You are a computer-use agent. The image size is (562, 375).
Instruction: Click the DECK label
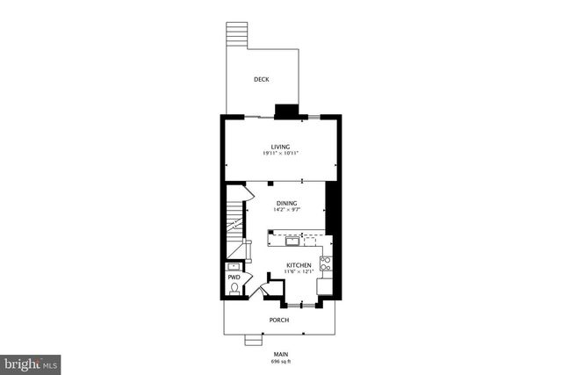[261, 80]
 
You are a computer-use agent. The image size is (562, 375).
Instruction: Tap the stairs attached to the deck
[236, 35]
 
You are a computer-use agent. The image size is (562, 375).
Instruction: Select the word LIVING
[280, 147]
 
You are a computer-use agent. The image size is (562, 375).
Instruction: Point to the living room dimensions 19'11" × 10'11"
[280, 154]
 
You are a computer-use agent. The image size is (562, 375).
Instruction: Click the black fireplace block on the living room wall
[286, 111]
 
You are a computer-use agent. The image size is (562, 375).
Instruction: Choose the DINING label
[280, 203]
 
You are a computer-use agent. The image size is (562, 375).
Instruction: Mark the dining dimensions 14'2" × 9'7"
[280, 210]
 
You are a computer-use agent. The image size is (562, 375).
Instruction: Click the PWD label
[234, 277]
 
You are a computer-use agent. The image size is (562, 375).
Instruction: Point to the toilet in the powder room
[234, 287]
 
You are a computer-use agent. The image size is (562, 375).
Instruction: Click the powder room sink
[234, 267]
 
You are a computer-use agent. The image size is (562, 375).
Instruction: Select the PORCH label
[280, 320]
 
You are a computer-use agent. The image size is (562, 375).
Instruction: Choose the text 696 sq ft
[280, 361]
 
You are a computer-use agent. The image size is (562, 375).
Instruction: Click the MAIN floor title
[280, 354]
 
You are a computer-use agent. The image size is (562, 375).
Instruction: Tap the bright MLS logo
[32, 363]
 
